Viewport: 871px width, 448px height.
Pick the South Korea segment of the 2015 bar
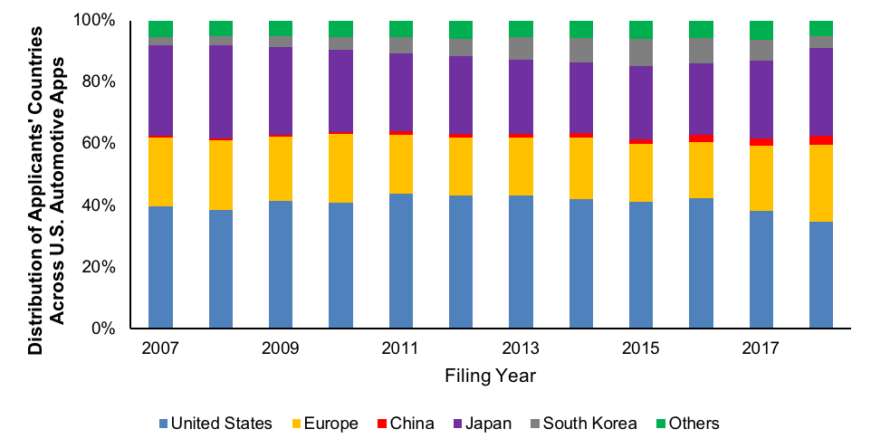pyautogui.click(x=641, y=52)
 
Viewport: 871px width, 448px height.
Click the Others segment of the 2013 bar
pyautogui.click(x=521, y=28)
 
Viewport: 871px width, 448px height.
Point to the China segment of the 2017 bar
pyautogui.click(x=761, y=142)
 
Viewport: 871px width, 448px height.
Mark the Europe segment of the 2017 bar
pyautogui.click(x=761, y=178)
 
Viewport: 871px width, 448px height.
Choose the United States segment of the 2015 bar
pyautogui.click(x=641, y=264)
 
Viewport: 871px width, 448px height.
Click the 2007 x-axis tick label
pyautogui.click(x=160, y=348)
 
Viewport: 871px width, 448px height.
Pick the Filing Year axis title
pyautogui.click(x=491, y=374)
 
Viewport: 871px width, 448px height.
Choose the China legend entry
pyautogui.click(x=404, y=424)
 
